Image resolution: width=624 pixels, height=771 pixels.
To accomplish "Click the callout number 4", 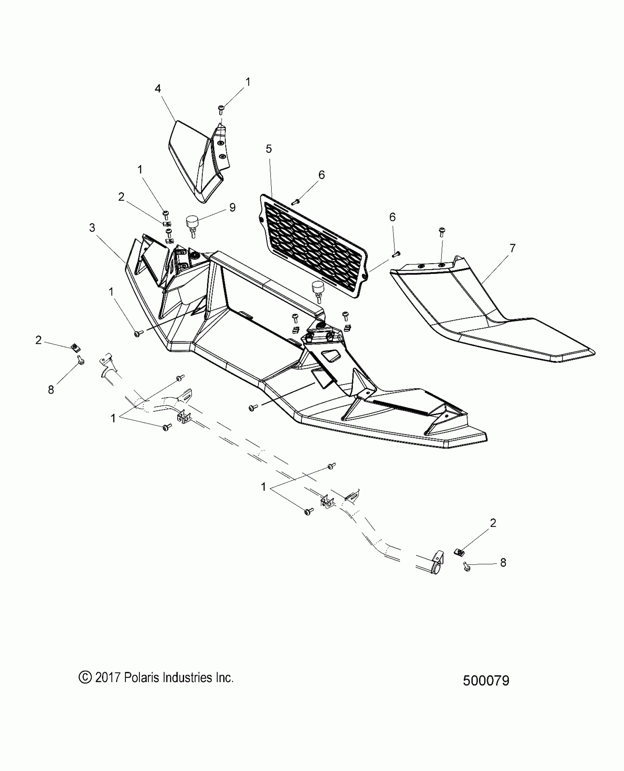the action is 158,89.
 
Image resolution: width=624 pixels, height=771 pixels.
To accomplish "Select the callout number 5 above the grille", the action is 269,149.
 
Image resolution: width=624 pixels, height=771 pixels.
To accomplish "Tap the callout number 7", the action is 512,248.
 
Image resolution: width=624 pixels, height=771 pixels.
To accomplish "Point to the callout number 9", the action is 232,207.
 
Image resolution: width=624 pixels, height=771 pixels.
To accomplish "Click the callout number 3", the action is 92,228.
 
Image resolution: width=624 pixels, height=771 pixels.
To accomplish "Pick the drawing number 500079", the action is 486,680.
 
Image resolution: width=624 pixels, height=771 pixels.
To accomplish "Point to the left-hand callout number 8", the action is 51,390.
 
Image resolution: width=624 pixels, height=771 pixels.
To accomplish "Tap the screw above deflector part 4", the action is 221,109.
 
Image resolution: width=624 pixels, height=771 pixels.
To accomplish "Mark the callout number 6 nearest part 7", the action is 392,217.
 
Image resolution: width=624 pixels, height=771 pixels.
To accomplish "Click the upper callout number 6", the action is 322,175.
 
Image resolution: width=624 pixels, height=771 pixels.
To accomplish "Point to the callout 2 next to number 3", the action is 121,197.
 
